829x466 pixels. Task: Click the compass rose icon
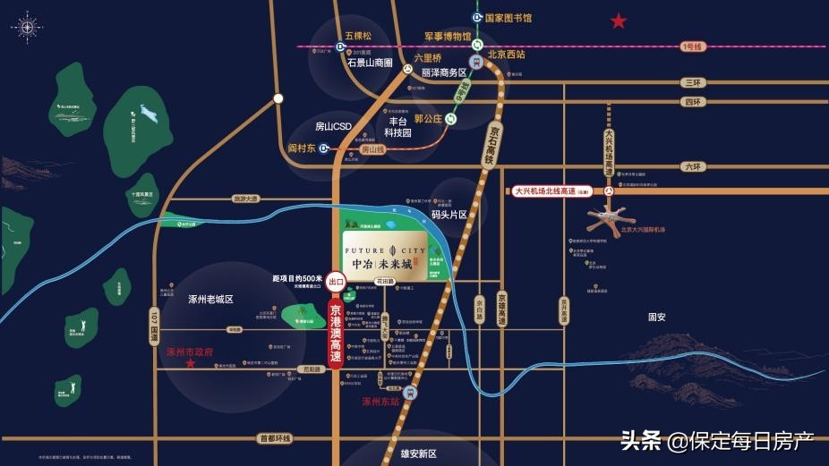pyautogui.click(x=27, y=27)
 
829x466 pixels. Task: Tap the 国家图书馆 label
pyautogui.click(x=508, y=17)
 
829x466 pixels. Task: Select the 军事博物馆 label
pyautogui.click(x=448, y=37)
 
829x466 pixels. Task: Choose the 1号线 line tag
pyautogui.click(x=693, y=47)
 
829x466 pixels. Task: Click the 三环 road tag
pyautogui.click(x=692, y=82)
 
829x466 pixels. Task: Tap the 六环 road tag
pyautogui.click(x=693, y=166)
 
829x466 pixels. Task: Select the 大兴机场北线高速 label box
pyautogui.click(x=555, y=191)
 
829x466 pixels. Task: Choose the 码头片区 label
pyautogui.click(x=449, y=215)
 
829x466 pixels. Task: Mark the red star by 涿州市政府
pyautogui.click(x=190, y=363)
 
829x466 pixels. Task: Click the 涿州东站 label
pyautogui.click(x=380, y=402)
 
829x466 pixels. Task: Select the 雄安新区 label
pyautogui.click(x=418, y=453)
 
